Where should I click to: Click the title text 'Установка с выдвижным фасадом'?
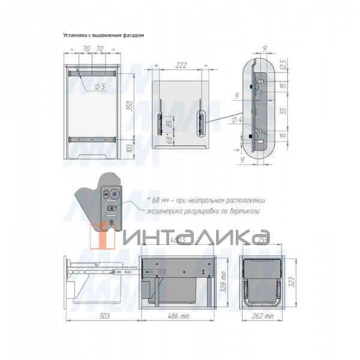tap(103, 35)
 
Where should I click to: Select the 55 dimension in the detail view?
tap(290, 111)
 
